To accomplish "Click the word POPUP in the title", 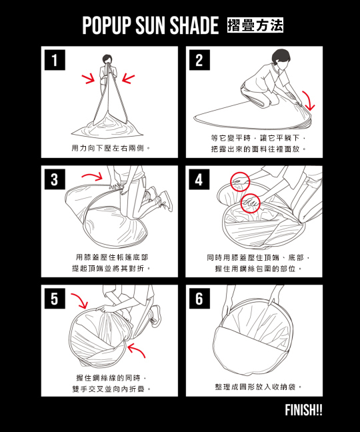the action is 106,25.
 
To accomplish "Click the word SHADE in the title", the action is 194,25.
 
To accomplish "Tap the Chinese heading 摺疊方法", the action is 255,25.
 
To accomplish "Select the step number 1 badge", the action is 55,60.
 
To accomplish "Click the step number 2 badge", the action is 199,60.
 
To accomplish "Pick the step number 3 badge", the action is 55,179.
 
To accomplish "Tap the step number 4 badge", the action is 199,179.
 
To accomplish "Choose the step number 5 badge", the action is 55,299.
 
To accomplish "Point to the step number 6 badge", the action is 199,299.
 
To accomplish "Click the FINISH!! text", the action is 303,410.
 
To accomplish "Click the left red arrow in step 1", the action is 89,78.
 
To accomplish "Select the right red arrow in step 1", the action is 128,78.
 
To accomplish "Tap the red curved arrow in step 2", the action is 311,100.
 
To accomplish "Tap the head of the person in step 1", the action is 107,59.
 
